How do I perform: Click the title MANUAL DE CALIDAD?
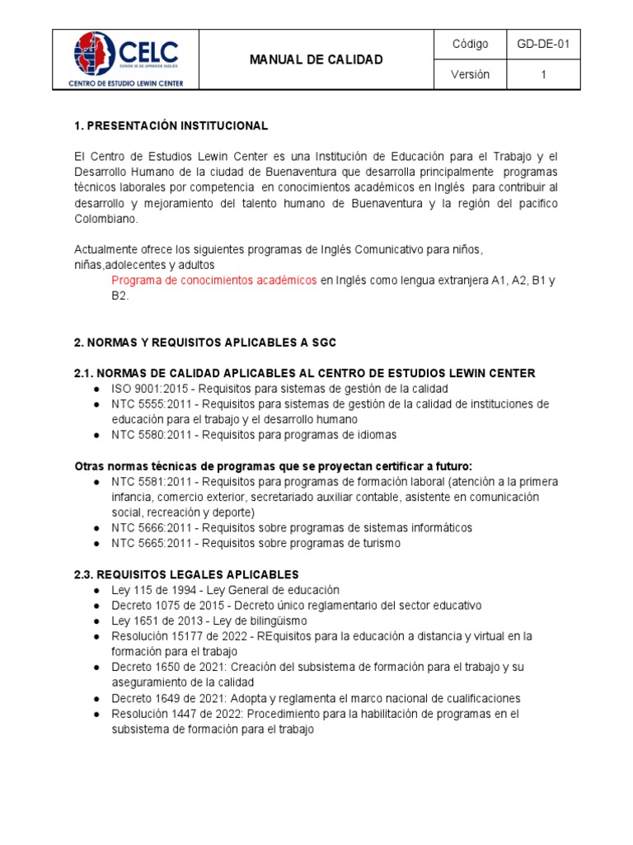coord(316,59)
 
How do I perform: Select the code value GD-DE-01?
coord(543,44)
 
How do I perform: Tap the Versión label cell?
coord(470,74)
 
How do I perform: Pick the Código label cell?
coord(470,44)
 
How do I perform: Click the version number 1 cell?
coord(543,74)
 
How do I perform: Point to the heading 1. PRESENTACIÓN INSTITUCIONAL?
coord(171,125)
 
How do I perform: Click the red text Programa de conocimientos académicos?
coord(214,281)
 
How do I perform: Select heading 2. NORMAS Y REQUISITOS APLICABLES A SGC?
coord(205,342)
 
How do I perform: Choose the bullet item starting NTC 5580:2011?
coord(254,434)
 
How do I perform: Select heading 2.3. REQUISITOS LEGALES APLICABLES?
coord(186,574)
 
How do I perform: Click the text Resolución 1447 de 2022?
coord(176,714)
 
